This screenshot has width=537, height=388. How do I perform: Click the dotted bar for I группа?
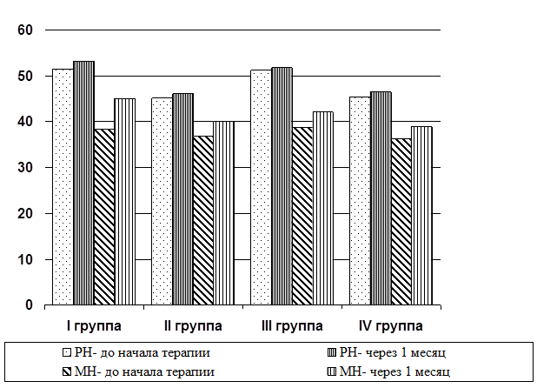point(63,187)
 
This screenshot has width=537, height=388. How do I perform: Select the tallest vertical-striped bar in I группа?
point(83,184)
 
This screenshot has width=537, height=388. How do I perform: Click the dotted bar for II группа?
point(162,201)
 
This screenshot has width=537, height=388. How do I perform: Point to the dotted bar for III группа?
point(261,188)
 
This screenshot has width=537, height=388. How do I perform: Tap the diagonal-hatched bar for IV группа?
point(401,222)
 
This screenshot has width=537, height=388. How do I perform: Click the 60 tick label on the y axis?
point(24,30)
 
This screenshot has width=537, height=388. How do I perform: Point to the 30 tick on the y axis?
point(24,168)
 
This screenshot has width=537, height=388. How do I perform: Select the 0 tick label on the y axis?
point(28,305)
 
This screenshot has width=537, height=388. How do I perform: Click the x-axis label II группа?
point(193,326)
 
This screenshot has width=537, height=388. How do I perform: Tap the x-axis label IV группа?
point(391,326)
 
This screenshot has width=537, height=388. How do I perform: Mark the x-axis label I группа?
point(94,326)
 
